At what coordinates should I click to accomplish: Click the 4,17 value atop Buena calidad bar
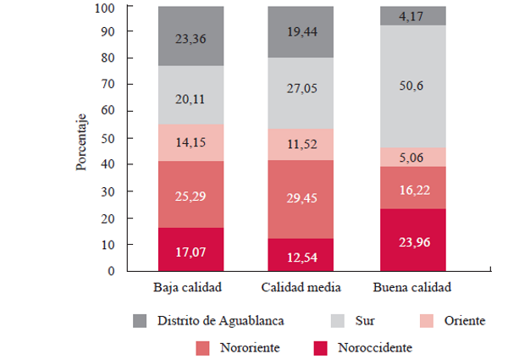[414, 15]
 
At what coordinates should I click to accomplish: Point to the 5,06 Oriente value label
[414, 157]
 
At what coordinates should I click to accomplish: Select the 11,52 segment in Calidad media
[301, 144]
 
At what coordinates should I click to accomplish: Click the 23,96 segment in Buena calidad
[414, 240]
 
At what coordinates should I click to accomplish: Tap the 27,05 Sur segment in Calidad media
[301, 93]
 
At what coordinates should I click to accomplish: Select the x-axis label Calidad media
[301, 287]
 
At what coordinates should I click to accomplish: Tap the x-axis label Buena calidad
[414, 287]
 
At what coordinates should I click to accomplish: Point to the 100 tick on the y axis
[108, 8]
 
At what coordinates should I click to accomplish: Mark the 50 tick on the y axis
[110, 138]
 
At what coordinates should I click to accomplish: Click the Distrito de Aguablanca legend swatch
[142, 321]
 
